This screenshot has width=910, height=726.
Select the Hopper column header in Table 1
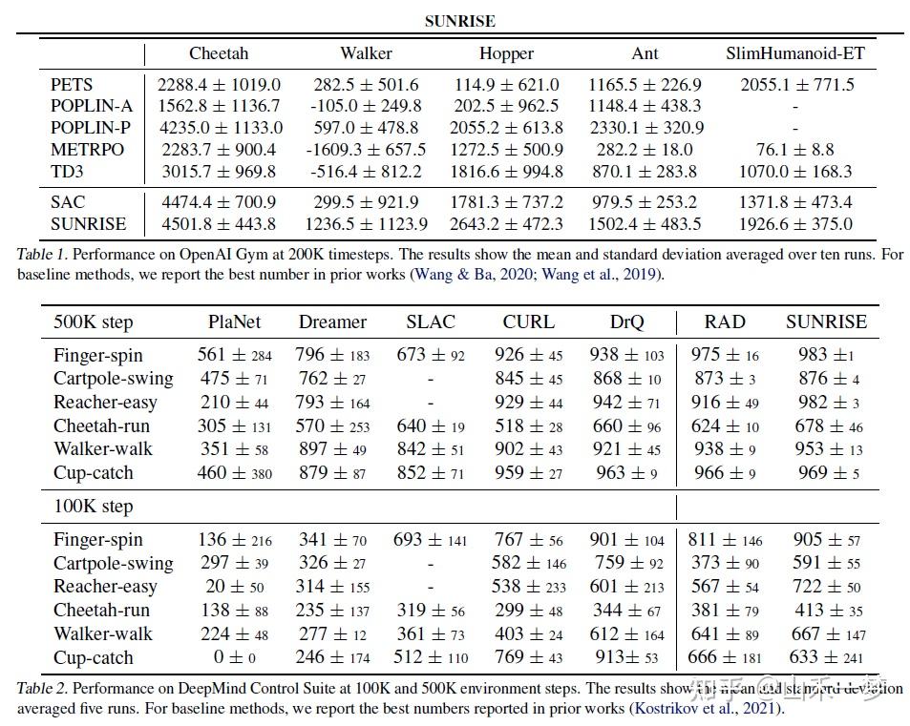506,53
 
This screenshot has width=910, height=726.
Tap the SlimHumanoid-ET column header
794,53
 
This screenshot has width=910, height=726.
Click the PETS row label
72,85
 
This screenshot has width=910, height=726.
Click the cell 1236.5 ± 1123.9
368,224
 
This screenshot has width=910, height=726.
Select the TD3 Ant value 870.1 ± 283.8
645,172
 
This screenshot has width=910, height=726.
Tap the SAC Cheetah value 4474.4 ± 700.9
220,202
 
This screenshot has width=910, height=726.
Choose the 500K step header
94,322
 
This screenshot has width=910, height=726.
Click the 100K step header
94,507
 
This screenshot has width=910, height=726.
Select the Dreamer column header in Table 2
332,322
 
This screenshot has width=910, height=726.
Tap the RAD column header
724,322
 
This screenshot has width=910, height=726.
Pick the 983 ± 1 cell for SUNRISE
826,355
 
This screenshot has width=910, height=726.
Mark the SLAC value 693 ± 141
430,540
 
